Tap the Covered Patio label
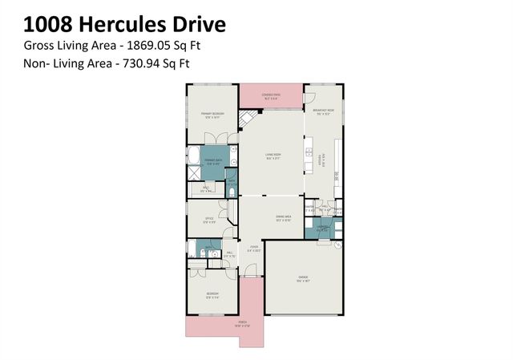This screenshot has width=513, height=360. (x=273, y=95)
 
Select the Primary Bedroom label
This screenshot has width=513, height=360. (x=212, y=115)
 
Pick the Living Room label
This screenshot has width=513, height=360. (x=273, y=155)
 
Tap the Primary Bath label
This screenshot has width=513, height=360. (x=214, y=161)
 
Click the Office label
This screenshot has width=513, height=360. (x=208, y=219)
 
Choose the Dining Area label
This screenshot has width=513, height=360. (x=283, y=217)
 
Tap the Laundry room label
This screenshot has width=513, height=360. (x=322, y=229)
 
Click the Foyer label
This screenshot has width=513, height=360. (x=253, y=246)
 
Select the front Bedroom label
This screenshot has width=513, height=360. (x=212, y=294)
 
